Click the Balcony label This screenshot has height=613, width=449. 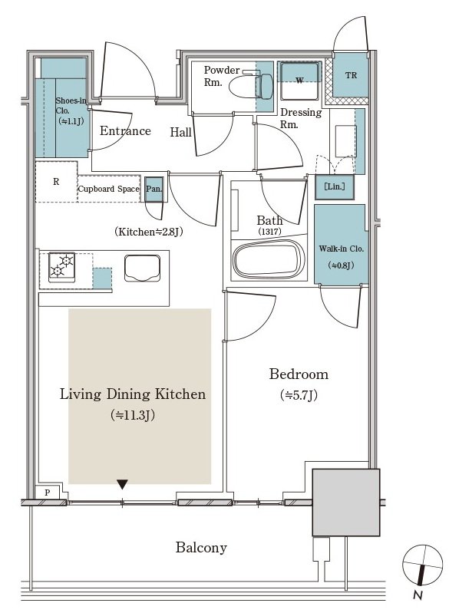(201, 547)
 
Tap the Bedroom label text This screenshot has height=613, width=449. (299, 374)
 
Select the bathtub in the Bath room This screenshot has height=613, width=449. (269, 259)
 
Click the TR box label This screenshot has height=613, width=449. (351, 75)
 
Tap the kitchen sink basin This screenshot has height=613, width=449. (142, 268)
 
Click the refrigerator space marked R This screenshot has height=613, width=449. (56, 181)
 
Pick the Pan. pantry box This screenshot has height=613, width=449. (154, 189)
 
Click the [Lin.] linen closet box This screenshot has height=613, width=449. (335, 187)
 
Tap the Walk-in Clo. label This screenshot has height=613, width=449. (341, 249)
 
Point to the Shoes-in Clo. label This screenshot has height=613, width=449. (71, 106)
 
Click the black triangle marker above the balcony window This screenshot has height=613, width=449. (122, 485)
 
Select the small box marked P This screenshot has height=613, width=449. (48, 493)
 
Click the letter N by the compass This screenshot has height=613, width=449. (418, 595)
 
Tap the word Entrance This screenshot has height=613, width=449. (125, 130)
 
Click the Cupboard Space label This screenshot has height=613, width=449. (109, 189)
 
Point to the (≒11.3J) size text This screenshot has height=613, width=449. (133, 415)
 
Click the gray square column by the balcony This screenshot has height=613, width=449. (345, 503)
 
